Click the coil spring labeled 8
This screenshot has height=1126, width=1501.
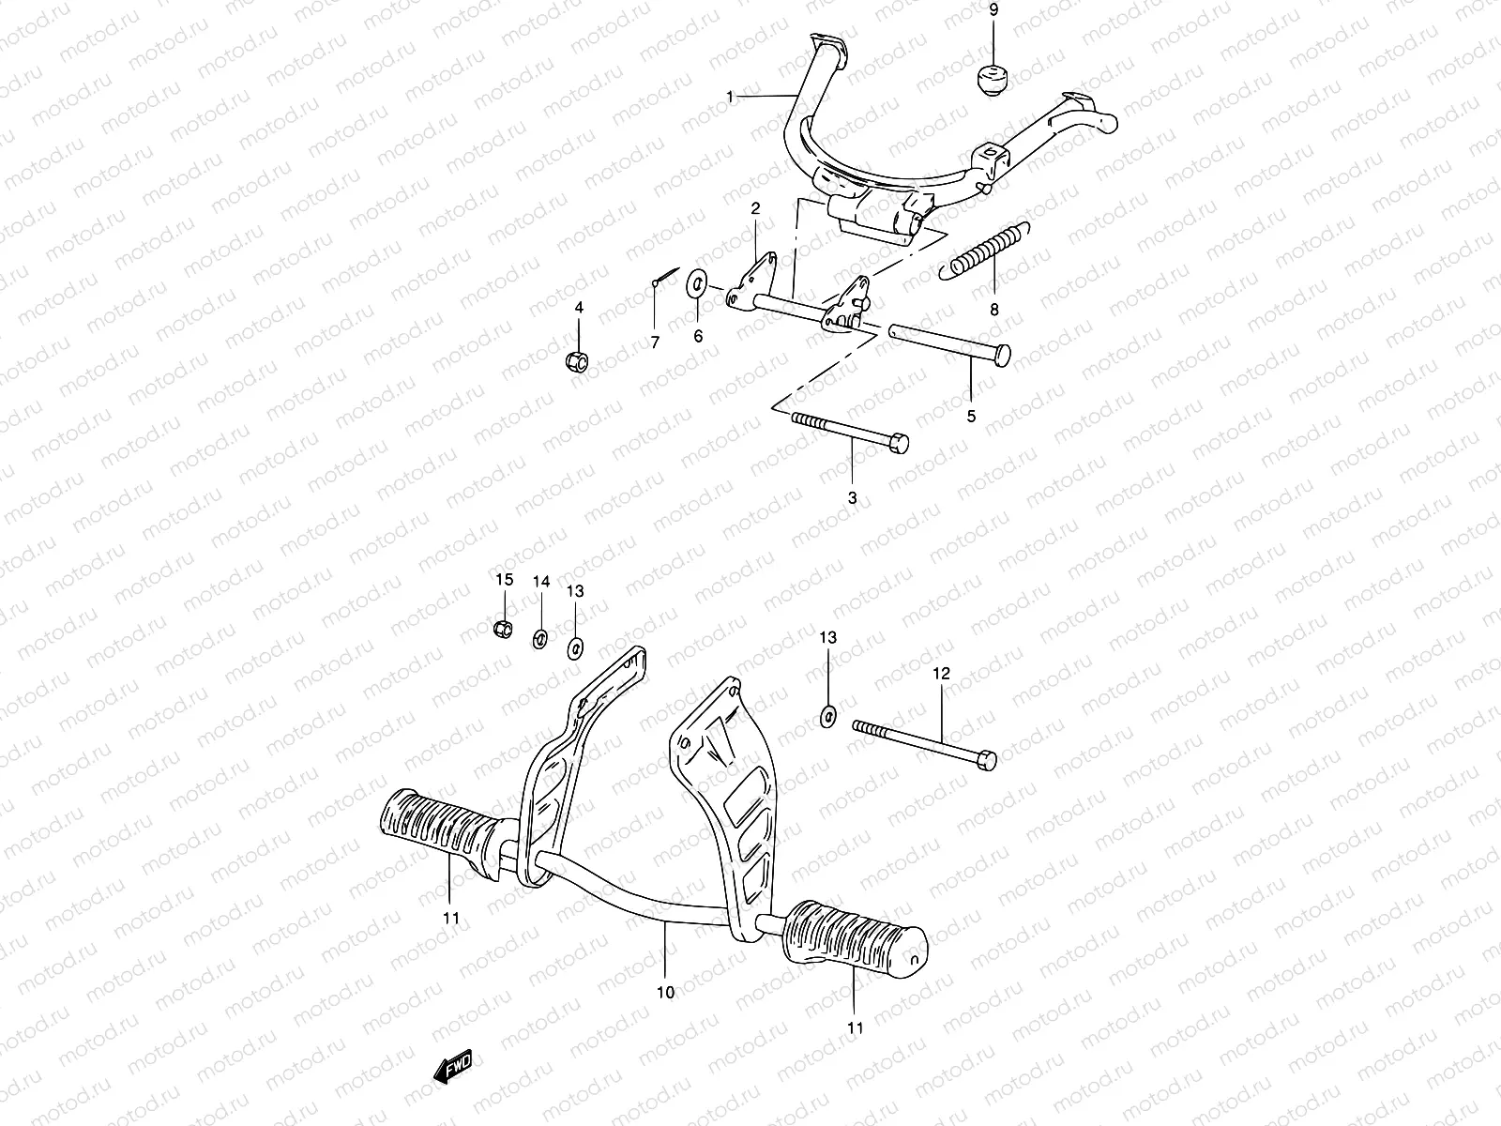(985, 253)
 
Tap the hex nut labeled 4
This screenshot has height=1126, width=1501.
(578, 359)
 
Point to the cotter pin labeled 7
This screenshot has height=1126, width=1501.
(662, 280)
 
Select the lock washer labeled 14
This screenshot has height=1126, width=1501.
(540, 639)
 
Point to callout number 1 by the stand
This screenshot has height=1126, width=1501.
(730, 97)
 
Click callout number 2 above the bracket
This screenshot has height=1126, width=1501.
(754, 208)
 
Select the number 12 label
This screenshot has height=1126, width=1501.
(941, 674)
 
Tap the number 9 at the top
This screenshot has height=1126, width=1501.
(994, 11)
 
